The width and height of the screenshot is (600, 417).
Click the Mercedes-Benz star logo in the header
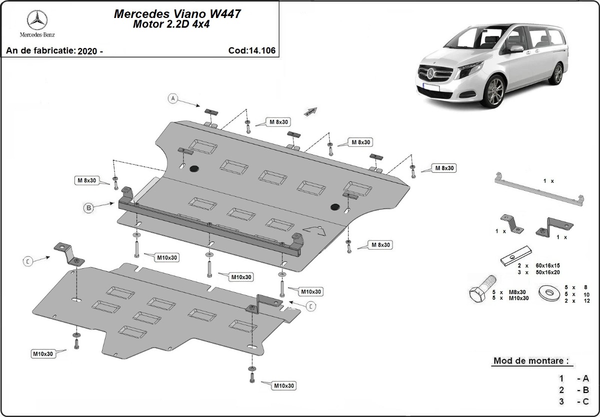point(37,20)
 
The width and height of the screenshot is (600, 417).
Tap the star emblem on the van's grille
point(431,74)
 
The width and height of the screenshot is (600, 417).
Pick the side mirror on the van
point(516,49)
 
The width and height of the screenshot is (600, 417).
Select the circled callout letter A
point(173,98)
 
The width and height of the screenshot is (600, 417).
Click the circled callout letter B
point(88,208)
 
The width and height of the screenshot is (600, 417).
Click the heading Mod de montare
point(530,361)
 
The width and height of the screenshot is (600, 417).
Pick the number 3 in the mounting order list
point(561,401)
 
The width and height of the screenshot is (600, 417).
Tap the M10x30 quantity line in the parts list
point(513,298)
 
